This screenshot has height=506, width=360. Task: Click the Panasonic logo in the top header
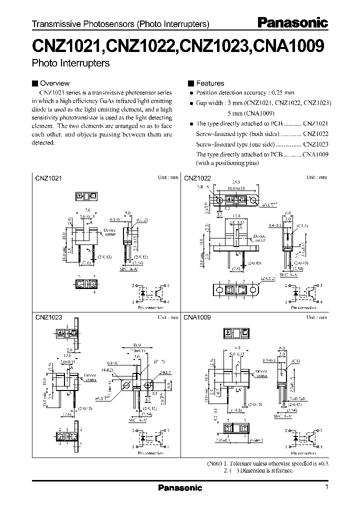click(x=292, y=22)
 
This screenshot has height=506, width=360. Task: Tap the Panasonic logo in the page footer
click(x=180, y=487)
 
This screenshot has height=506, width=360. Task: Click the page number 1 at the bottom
click(x=326, y=487)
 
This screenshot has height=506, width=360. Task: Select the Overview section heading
click(x=54, y=83)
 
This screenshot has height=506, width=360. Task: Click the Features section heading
click(x=210, y=83)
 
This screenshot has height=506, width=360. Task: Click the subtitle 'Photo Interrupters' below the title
click(x=70, y=63)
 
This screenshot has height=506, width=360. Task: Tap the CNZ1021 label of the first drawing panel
click(x=48, y=178)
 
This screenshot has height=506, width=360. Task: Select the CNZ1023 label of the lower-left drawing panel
click(x=48, y=317)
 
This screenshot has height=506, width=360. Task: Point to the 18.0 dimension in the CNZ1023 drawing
click(x=136, y=345)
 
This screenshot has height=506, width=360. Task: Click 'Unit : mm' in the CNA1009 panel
click(x=316, y=317)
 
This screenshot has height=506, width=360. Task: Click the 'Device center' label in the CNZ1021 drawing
click(x=109, y=232)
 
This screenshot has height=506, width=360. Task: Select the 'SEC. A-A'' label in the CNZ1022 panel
click(x=289, y=274)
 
